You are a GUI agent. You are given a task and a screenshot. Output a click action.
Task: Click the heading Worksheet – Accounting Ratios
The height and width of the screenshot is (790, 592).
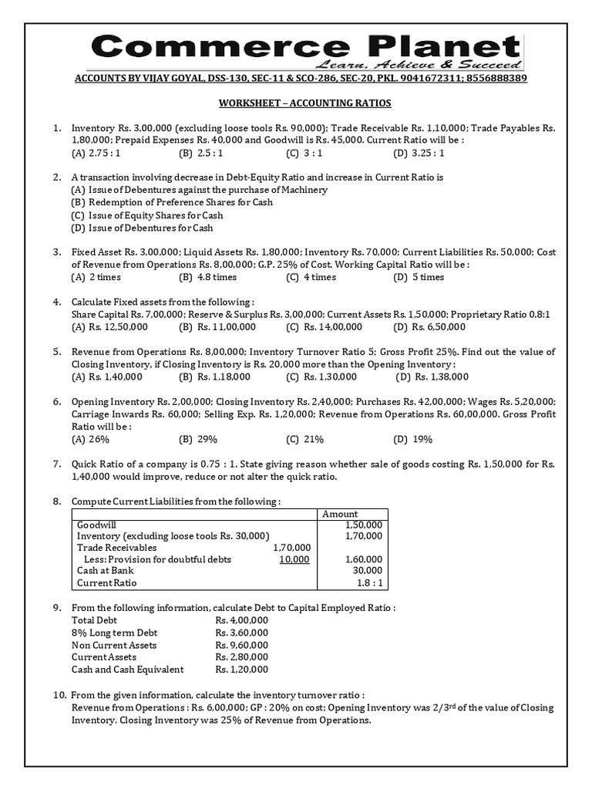click(x=295, y=103)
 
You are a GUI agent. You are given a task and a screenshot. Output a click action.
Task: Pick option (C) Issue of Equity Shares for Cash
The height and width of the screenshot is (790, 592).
click(x=146, y=215)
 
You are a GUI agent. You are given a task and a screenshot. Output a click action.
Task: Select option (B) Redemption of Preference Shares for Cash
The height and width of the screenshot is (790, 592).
click(x=171, y=202)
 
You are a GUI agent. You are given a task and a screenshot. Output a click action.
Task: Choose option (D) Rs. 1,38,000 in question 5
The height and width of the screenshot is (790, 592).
click(x=432, y=376)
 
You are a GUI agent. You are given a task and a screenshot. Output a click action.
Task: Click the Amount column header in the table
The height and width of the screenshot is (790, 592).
click(x=340, y=514)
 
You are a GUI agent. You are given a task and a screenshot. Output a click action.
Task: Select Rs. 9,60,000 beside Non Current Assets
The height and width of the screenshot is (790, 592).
click(x=242, y=645)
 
